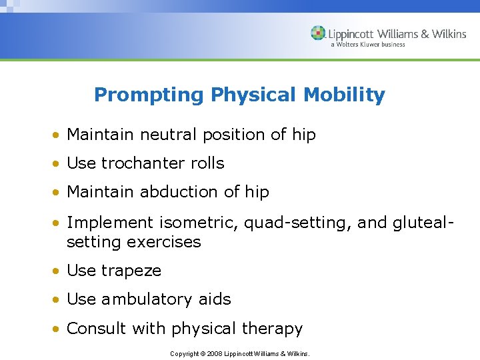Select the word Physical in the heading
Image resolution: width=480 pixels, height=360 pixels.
[254, 95]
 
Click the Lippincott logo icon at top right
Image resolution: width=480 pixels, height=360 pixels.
[319, 33]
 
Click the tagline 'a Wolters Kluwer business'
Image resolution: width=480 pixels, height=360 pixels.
[367, 45]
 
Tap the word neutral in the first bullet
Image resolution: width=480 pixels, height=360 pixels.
[165, 135]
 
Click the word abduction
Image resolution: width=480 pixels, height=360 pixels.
[180, 192]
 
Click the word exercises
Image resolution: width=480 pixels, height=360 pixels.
[163, 242]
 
